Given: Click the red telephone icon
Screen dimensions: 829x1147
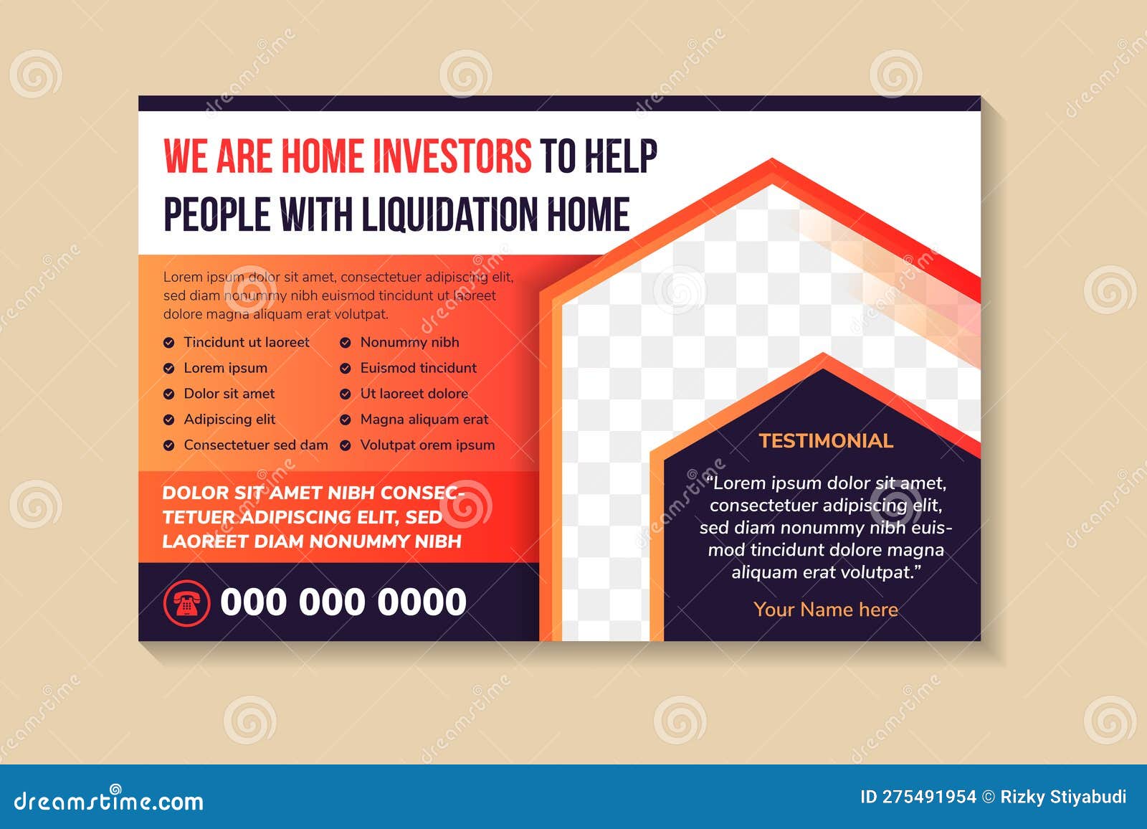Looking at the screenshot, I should (x=186, y=602).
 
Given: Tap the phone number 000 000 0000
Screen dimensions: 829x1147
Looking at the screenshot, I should (x=343, y=602).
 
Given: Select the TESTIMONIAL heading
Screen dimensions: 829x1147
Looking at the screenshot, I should (x=826, y=440).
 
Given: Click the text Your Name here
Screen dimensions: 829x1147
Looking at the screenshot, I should (x=825, y=610).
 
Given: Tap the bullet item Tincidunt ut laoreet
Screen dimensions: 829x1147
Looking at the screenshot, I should (x=247, y=342).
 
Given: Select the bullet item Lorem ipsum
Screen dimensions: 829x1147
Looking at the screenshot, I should (x=225, y=368).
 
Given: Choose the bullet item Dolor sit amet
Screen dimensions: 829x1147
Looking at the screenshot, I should (x=229, y=394).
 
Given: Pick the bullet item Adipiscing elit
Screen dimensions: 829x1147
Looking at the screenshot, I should (x=229, y=420).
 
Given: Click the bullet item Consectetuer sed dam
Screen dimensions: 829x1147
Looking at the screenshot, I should (x=255, y=445).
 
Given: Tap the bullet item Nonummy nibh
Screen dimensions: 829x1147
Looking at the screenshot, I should (x=409, y=342).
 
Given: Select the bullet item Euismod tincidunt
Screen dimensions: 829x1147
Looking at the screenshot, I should (x=418, y=368).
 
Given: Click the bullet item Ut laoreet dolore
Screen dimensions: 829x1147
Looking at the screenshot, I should (x=414, y=394).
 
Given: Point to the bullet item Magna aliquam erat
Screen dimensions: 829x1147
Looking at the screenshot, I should (x=424, y=420).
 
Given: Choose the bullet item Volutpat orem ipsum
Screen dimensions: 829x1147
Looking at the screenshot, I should (x=427, y=445).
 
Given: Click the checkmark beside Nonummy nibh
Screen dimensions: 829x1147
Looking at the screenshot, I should (x=346, y=343).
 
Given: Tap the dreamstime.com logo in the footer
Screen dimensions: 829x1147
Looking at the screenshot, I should (x=109, y=800).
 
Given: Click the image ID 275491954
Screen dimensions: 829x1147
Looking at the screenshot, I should (x=918, y=797).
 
